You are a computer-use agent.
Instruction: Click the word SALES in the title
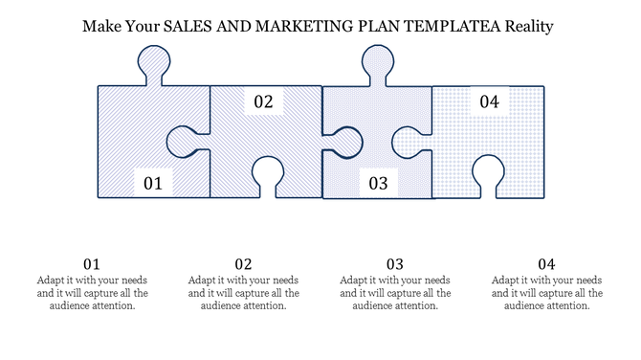click(189, 27)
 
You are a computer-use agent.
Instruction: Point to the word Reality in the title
click(525, 27)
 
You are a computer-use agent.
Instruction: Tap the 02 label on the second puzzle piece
click(263, 101)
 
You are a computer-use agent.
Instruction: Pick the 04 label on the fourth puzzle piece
click(489, 101)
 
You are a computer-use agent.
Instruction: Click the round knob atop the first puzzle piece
click(154, 65)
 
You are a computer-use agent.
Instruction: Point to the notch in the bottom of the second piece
click(266, 172)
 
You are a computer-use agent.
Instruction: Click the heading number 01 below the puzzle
click(92, 264)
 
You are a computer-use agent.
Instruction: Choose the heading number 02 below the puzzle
click(243, 264)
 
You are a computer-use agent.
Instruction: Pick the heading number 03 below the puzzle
click(395, 264)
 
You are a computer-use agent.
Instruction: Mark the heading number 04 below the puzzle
click(546, 264)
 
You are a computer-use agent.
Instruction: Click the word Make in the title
click(101, 27)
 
